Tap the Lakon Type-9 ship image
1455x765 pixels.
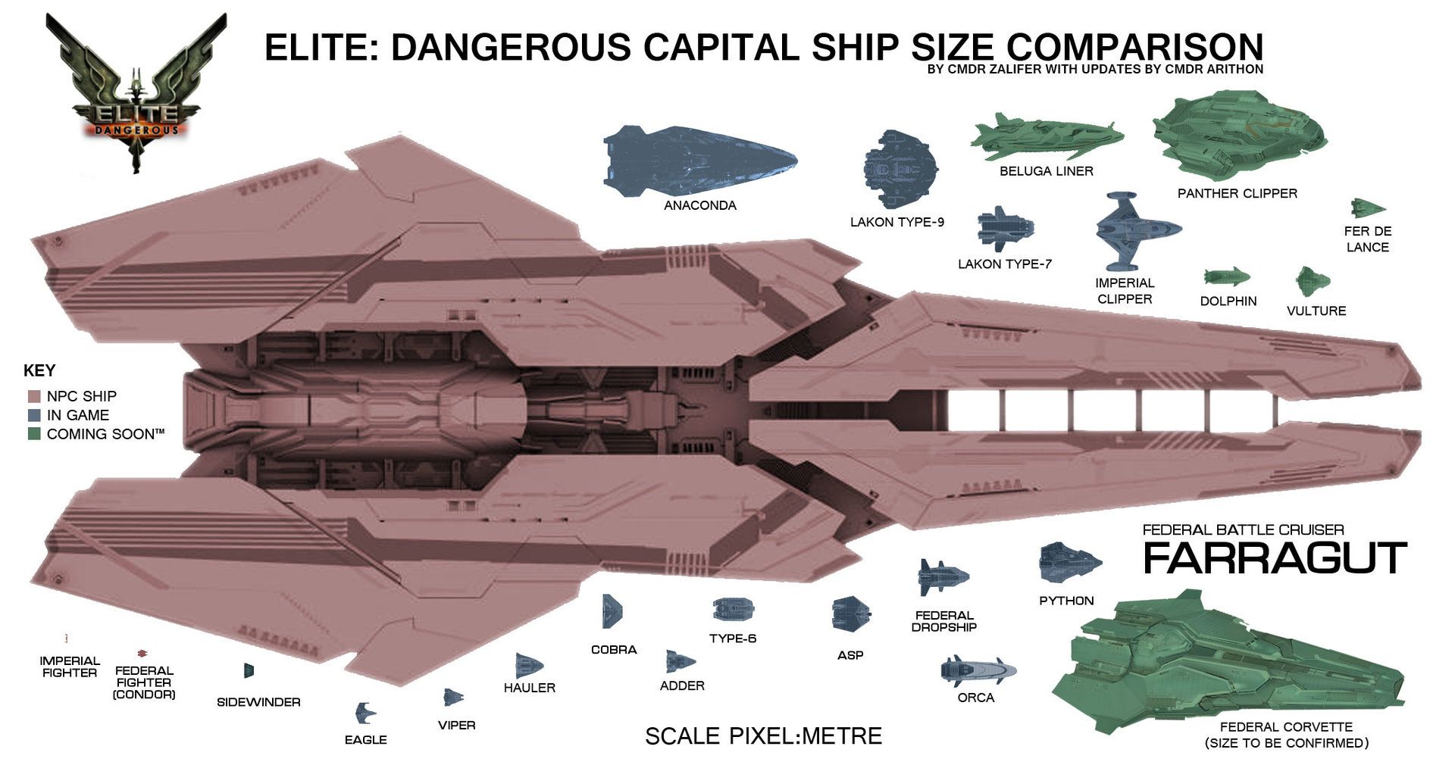[900, 169]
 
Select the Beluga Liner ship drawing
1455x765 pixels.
[1047, 137]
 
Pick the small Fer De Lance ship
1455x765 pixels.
[1368, 208]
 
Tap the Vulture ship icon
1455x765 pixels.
[1313, 281]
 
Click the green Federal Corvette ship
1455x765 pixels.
[1228, 660]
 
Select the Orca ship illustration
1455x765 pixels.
[978, 671]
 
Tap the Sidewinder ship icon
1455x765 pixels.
[249, 670]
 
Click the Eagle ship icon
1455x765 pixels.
[365, 713]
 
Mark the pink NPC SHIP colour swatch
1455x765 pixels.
[33, 396]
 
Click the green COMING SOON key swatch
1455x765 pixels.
[33, 434]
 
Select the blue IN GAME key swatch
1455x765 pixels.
[33, 415]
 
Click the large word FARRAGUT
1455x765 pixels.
[1275, 558]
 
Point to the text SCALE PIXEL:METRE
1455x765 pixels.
[763, 735]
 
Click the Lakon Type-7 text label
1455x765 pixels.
[1005, 264]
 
